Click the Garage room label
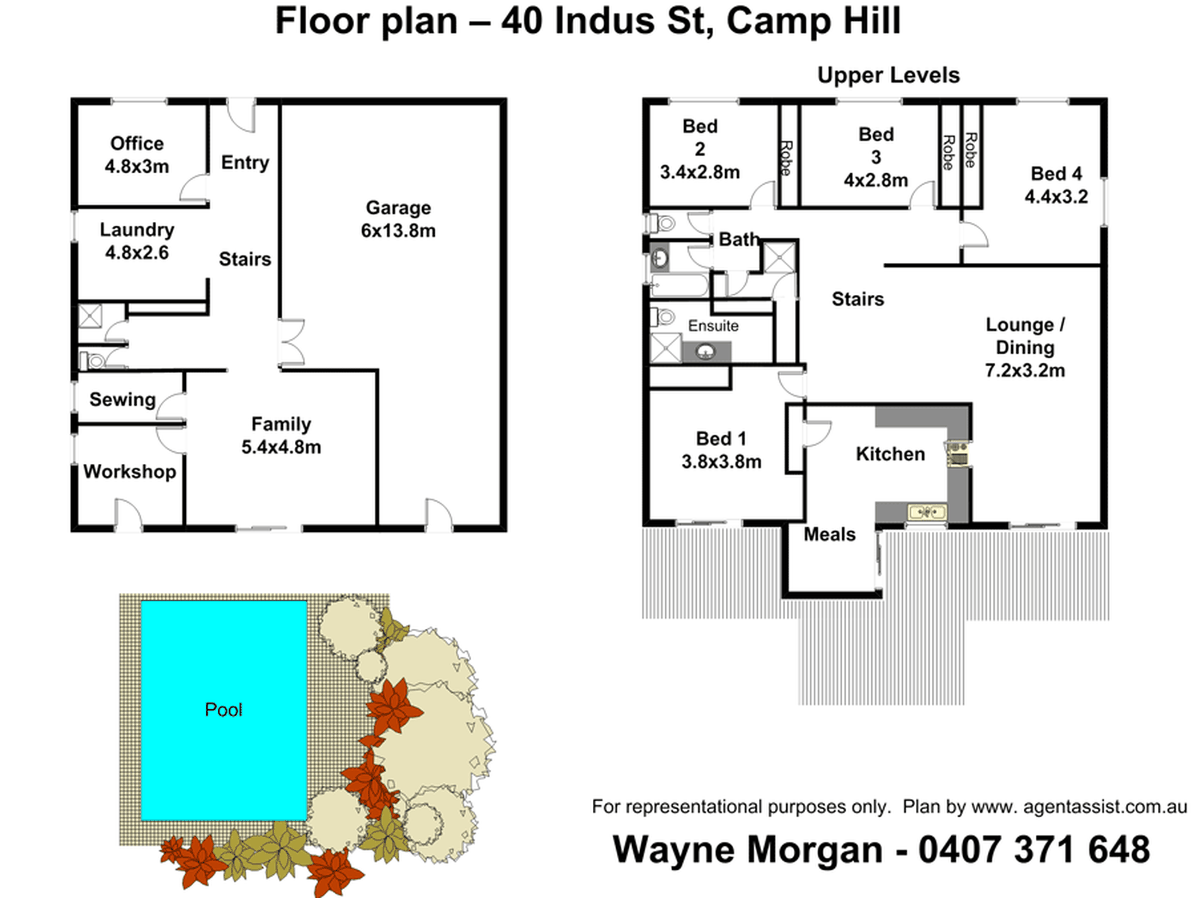pos(398,219)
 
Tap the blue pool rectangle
pos(224,710)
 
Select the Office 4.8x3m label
pos(137,155)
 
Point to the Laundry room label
pos(137,241)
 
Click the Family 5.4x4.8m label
pos(281,435)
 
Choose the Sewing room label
pos(122,400)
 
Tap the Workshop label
pos(130,471)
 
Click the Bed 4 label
pos(1057,185)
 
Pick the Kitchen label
pos(890,454)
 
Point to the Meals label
pos(830,534)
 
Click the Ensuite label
pos(713,326)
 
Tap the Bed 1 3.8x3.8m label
pos(721,450)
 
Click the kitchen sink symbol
pos(927,512)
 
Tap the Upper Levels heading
pos(888,76)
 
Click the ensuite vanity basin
pos(706,352)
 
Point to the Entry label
pos(245,163)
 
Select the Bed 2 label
pos(700,149)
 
